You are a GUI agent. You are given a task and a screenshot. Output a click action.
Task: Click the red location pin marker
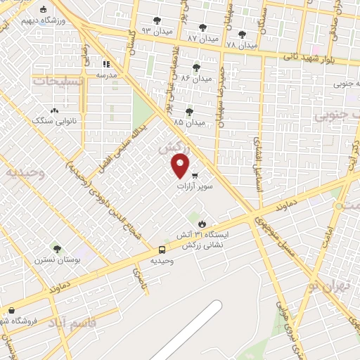(181, 165)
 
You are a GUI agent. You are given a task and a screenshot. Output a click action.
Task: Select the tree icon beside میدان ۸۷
(202, 27)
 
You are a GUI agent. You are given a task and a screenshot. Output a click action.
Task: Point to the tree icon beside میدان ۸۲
(196, 67)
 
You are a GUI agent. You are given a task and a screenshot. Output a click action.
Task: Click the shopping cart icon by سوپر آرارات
(195, 176)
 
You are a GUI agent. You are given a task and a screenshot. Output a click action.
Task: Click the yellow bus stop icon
(162, 250)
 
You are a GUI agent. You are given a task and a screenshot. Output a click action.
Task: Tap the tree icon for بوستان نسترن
(56, 249)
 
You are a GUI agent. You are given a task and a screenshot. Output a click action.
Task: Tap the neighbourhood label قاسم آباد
(67, 322)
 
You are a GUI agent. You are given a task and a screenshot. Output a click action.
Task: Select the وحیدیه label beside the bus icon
(162, 260)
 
